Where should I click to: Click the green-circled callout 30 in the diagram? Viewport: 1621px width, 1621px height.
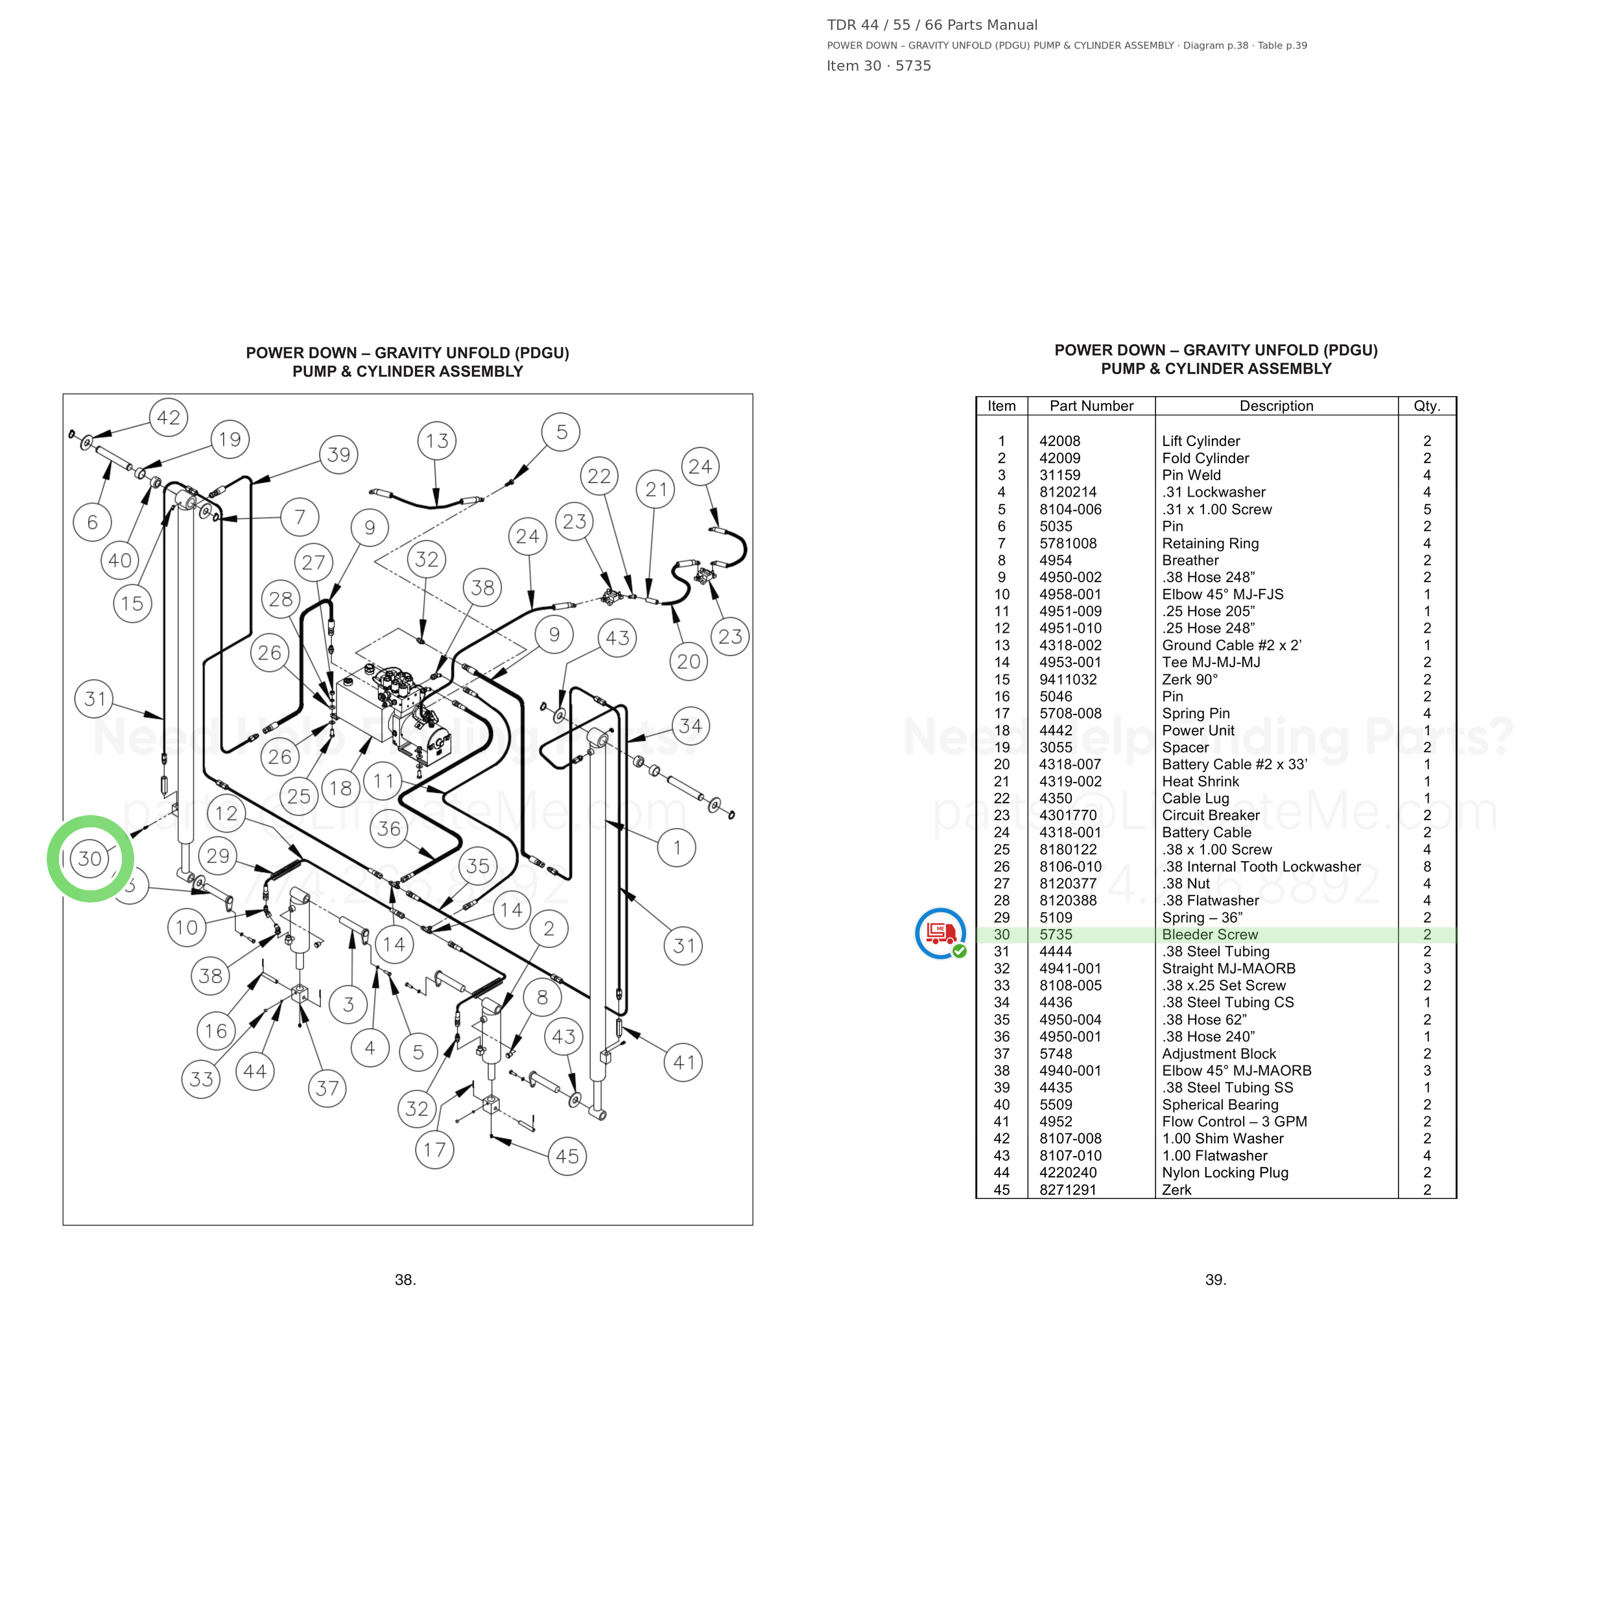(89, 859)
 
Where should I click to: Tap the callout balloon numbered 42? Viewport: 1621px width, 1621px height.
(169, 418)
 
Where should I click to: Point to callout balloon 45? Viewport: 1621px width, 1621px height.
(567, 1156)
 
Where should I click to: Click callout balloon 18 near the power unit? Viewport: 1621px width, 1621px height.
(340, 788)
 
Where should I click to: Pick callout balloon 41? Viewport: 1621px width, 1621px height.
(684, 1062)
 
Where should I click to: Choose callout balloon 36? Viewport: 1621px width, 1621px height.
(389, 829)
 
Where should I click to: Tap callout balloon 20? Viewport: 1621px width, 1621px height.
(688, 662)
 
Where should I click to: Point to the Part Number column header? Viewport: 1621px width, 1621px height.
(1091, 406)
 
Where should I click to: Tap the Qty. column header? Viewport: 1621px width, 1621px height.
(1427, 406)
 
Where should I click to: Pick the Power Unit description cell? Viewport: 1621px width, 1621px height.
(1198, 731)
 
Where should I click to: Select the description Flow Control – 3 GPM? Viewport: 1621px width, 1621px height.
(1234, 1122)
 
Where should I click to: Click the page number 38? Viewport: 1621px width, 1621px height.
(405, 1279)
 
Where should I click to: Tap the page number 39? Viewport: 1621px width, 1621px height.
(1216, 1279)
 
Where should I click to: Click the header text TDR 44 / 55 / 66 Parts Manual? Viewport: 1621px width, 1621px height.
(932, 25)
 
